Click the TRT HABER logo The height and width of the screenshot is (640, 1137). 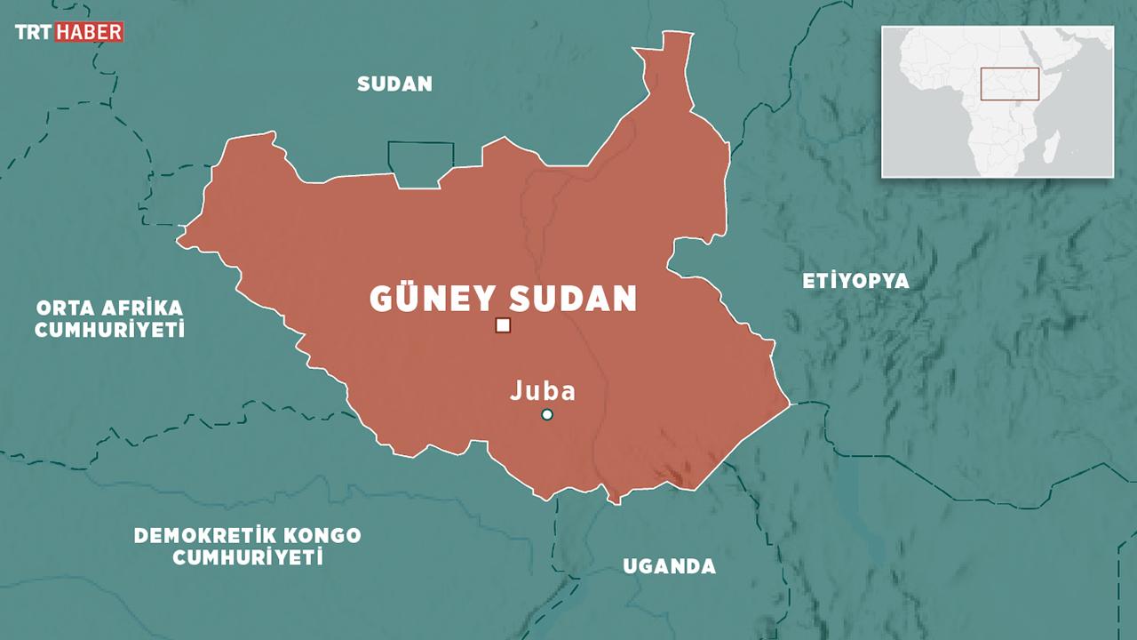pos(68,32)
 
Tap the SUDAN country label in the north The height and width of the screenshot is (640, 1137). pos(394,84)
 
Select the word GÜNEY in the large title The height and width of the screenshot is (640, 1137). pos(425,300)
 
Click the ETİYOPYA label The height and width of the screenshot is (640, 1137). pos(856,282)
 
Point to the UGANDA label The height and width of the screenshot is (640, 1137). pos(669,566)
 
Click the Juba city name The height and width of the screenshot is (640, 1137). pos(543,391)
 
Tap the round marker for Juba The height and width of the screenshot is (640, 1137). pos(547,415)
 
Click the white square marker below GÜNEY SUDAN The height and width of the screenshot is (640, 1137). pos(504,325)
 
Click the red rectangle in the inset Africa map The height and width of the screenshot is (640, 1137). pos(1010,84)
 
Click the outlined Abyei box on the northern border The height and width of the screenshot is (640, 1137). pos(419,164)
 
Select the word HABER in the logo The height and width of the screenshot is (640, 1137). pos(89,32)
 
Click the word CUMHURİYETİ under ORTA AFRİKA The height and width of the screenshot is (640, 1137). pos(109,330)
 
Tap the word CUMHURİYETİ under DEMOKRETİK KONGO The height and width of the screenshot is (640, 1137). pos(247,558)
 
